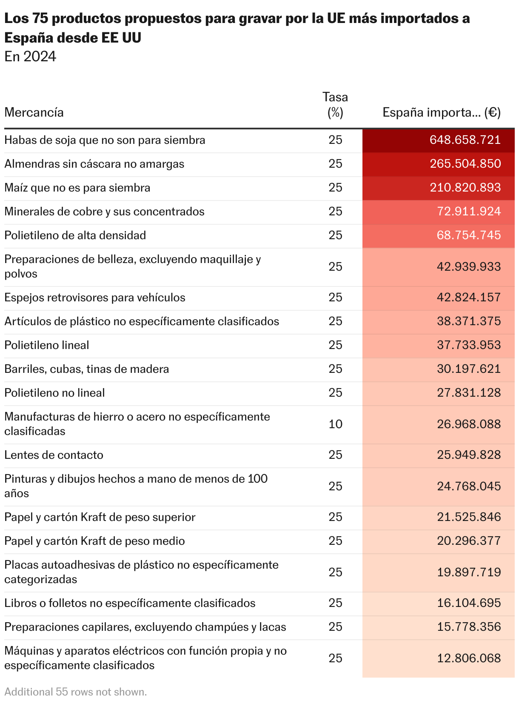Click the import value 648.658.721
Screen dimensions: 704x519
[465, 140]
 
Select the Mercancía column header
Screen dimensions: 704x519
[34, 113]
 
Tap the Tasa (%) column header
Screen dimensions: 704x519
[335, 105]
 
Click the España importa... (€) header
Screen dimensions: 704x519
[442, 113]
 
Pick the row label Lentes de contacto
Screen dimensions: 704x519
[54, 455]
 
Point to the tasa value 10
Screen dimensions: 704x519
[335, 424]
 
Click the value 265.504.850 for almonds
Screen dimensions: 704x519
[465, 164]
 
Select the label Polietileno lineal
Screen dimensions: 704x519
[47, 345]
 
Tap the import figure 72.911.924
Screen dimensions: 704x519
[469, 212]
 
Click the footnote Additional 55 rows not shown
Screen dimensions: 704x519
[76, 692]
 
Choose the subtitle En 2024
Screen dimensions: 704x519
[30, 57]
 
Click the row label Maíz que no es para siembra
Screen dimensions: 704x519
[77, 188]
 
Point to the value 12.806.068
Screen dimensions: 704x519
[469, 658]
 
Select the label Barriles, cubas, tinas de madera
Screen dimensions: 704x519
[87, 369]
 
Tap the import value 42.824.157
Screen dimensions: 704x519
[469, 298]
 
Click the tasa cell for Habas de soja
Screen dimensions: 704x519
[335, 140]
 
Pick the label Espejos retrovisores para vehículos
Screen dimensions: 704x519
[95, 298]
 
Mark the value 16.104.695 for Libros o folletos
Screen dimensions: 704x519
[469, 603]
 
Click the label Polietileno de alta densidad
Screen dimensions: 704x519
[75, 235]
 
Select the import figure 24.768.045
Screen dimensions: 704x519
[469, 487]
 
